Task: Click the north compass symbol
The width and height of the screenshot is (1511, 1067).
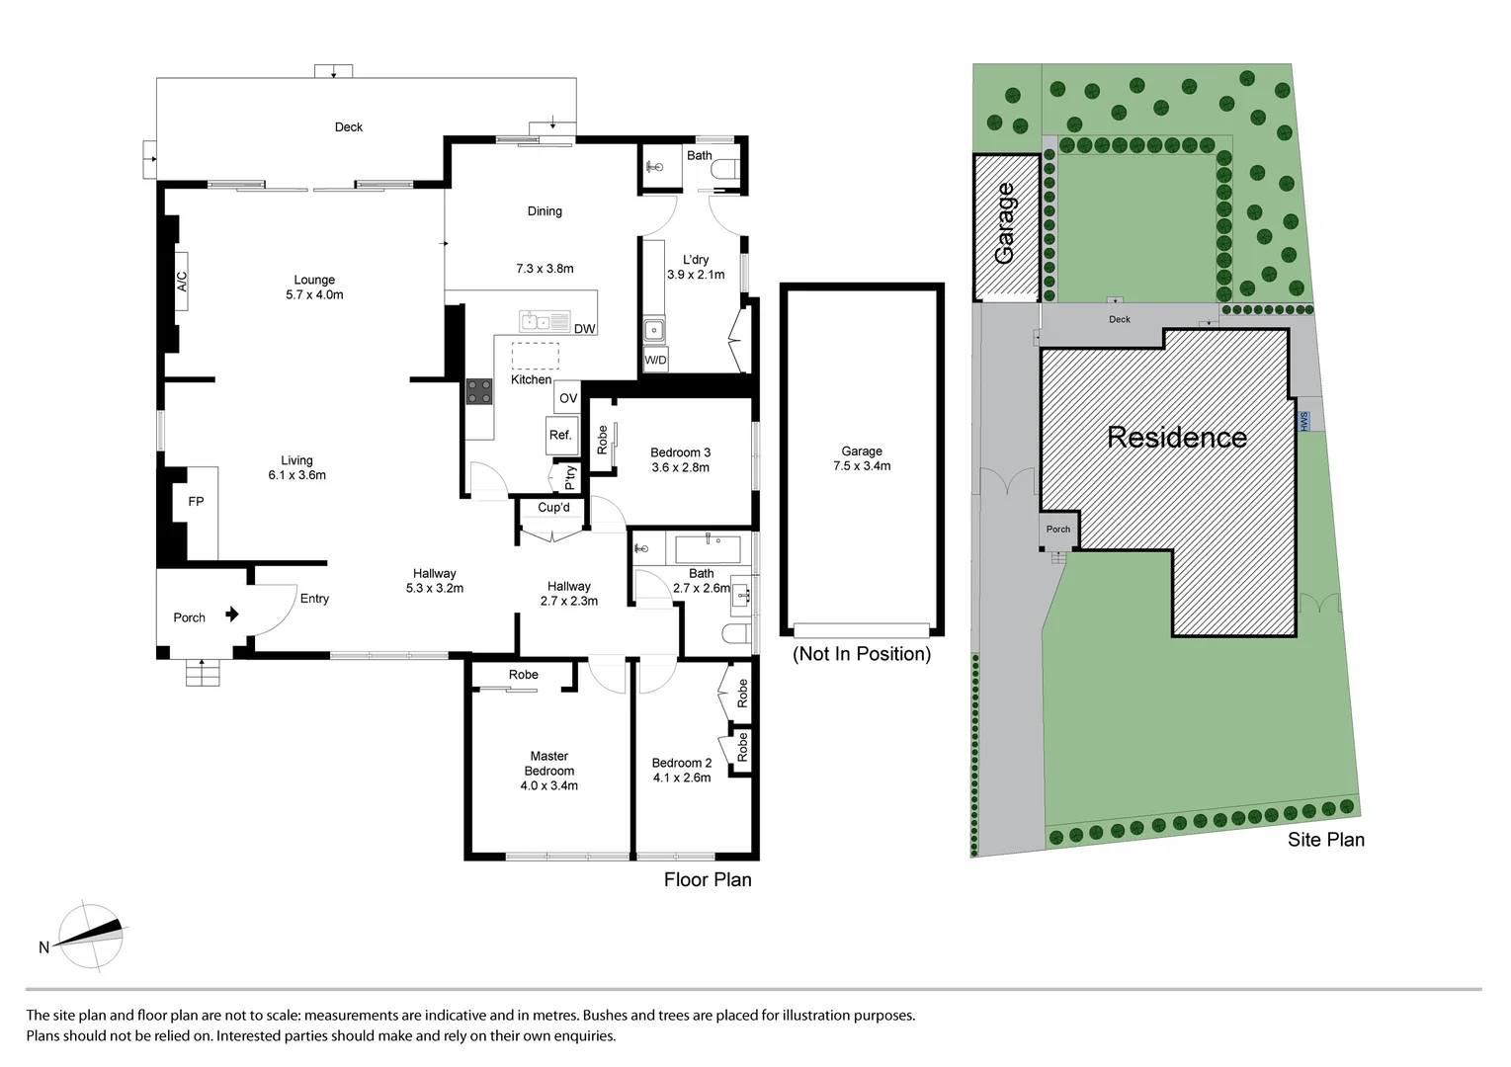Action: point(91,936)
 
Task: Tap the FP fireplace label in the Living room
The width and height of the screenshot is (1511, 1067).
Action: point(196,502)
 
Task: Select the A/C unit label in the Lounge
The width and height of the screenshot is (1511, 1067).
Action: point(181,282)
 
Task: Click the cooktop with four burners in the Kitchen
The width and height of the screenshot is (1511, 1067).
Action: point(479,391)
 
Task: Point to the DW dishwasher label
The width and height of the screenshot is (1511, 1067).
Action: point(584,329)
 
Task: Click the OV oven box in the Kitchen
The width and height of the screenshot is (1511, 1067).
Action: point(567,398)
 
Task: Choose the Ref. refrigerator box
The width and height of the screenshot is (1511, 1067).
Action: point(560,435)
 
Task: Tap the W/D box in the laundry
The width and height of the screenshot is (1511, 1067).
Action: point(655,361)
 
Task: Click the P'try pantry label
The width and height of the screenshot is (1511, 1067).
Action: point(570,477)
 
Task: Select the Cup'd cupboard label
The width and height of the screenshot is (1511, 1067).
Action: point(553,508)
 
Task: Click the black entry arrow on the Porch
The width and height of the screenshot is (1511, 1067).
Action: point(232,615)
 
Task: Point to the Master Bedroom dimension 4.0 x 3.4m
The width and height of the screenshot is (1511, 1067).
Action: point(548,786)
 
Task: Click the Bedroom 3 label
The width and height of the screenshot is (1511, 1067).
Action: point(680,452)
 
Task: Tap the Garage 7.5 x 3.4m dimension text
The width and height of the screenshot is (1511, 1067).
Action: point(862,466)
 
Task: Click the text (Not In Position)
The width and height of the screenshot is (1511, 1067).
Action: point(862,654)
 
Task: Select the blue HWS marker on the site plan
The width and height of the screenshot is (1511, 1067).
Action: point(1303,421)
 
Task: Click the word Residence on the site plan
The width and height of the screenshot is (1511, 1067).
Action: point(1176,437)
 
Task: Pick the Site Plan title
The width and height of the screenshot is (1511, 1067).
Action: point(1325,840)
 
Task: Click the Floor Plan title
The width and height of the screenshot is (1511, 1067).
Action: point(708,879)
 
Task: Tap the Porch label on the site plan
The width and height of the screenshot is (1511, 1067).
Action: point(1057,530)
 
